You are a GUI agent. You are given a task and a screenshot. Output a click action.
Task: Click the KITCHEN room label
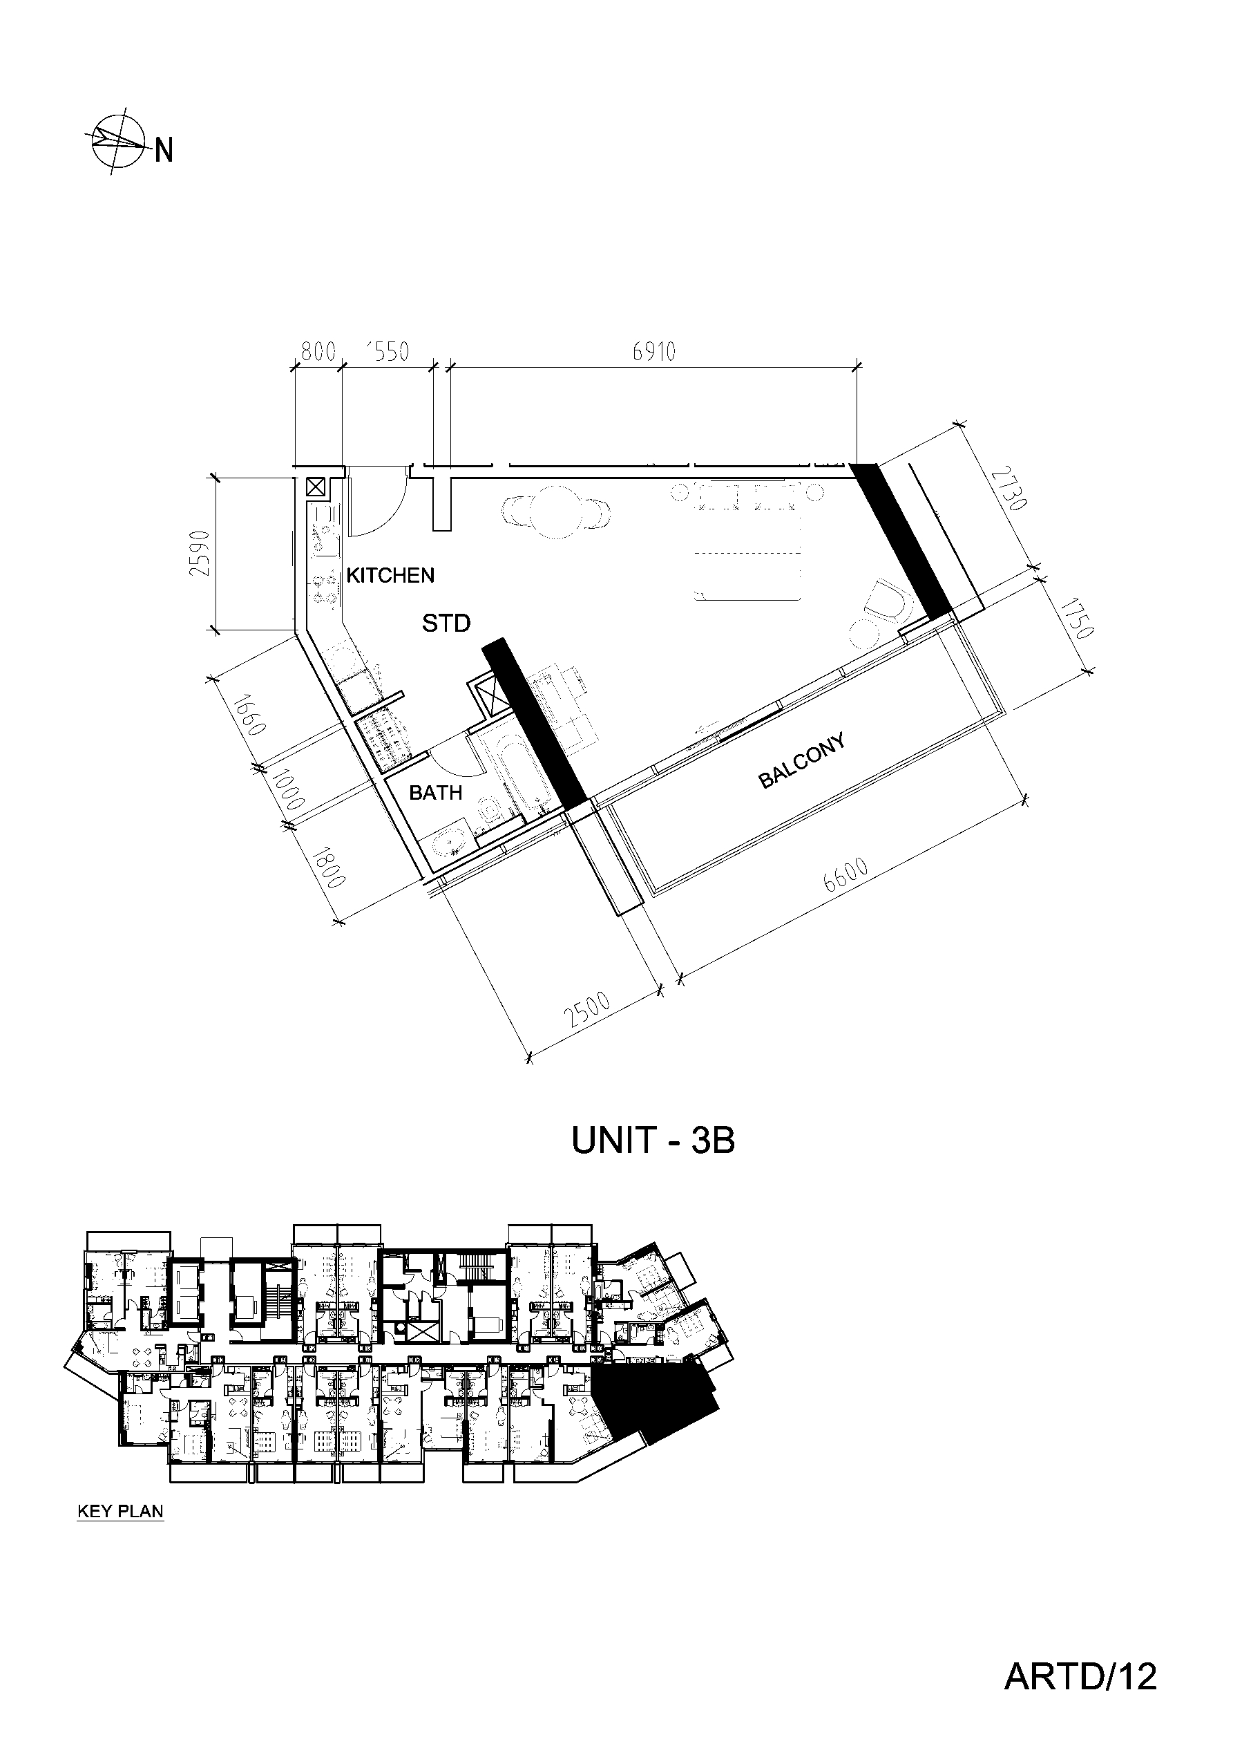click(390, 576)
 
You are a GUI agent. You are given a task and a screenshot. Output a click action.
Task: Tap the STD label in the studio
click(446, 623)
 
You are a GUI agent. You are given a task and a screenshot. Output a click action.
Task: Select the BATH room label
click(436, 793)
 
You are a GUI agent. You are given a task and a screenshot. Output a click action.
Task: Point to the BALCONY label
click(803, 760)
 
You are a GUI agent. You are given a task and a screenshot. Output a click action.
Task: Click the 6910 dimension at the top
click(653, 352)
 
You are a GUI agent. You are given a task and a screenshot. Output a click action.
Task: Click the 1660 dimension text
click(249, 715)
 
